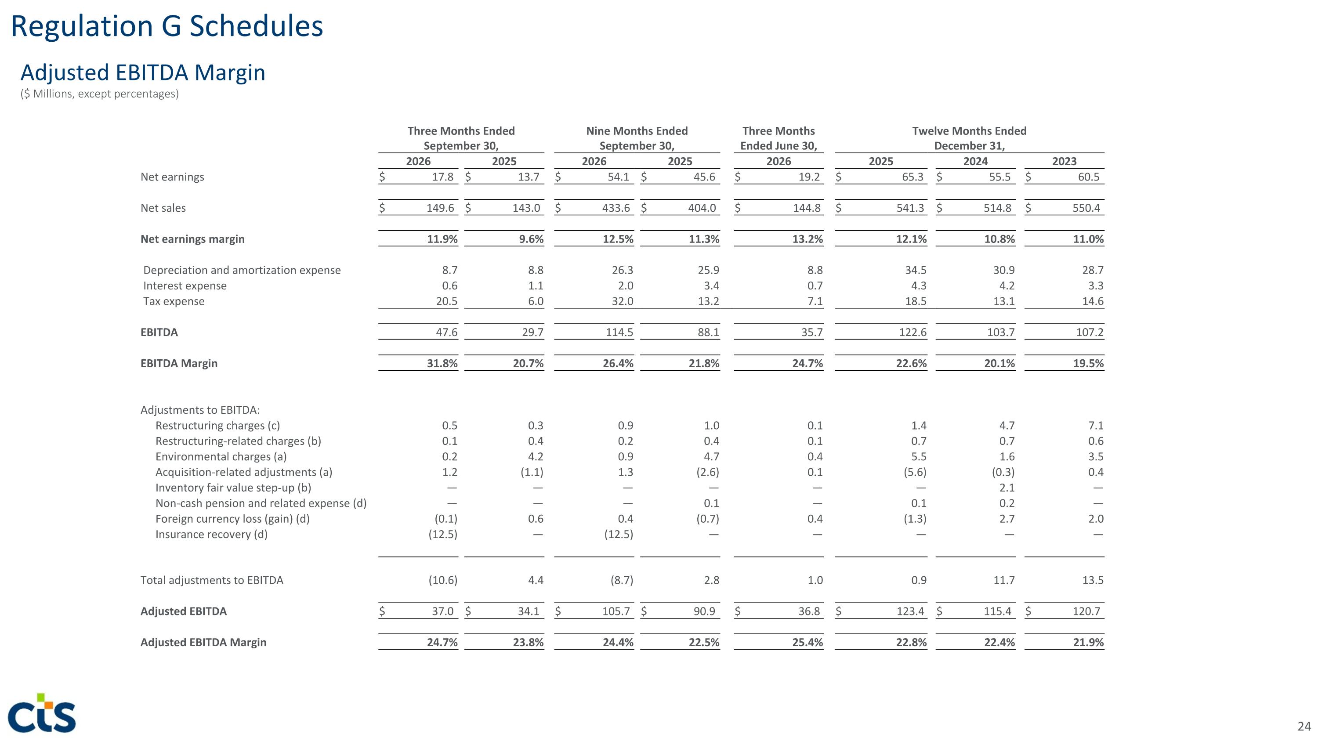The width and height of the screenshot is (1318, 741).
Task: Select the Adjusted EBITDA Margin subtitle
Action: pos(143,72)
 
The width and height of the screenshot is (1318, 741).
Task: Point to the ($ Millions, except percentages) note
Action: pos(100,94)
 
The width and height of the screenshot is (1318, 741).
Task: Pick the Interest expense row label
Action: pos(185,286)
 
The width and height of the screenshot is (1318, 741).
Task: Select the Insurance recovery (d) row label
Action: pos(211,535)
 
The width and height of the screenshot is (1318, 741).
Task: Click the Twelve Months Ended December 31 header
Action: pos(969,138)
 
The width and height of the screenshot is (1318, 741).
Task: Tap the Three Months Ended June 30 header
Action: pos(778,138)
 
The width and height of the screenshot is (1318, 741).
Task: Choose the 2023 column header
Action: pos(1064,161)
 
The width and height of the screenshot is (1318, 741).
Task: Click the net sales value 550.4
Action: pos(1086,208)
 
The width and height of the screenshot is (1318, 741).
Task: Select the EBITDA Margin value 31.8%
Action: pos(442,363)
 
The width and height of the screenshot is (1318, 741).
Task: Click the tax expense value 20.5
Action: pos(446,301)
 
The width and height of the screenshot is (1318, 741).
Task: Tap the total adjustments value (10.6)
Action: pos(442,580)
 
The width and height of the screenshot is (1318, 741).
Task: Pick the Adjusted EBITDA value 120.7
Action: pos(1086,611)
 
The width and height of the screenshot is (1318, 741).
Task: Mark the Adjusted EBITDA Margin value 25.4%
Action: pos(807,642)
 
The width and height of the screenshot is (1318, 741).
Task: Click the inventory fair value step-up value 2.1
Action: pos(1007,488)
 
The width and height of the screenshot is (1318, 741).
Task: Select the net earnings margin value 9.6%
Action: pos(531,239)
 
